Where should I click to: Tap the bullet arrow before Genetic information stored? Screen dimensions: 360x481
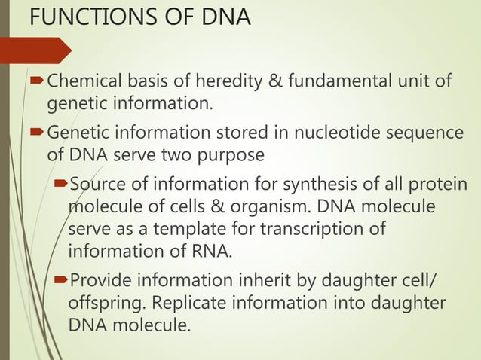click(37, 134)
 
